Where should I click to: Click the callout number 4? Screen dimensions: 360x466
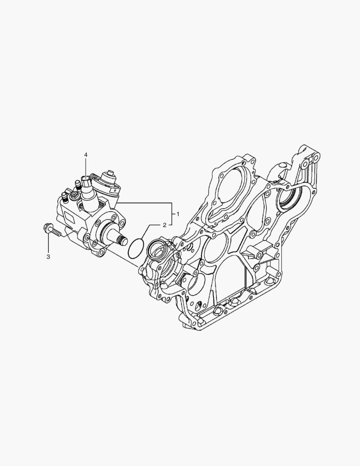(86, 155)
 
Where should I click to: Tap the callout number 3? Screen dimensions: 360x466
(48, 257)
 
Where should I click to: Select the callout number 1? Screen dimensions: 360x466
(178, 214)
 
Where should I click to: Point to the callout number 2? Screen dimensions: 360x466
(165, 225)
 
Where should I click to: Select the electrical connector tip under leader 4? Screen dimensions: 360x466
(86, 180)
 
